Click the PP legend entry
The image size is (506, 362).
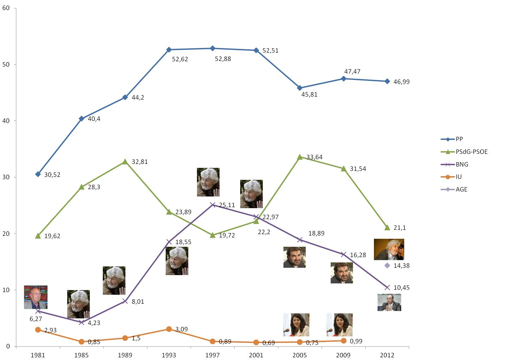tap(459, 139)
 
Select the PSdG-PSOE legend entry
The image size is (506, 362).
tap(471, 152)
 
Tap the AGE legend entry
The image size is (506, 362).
tap(461, 189)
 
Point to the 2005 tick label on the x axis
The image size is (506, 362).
tap(299, 355)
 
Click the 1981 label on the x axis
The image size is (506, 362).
tap(38, 355)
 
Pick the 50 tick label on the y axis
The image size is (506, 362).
tap(6, 64)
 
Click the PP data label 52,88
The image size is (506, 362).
tap(223, 59)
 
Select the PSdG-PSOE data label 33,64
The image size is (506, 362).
tap(314, 157)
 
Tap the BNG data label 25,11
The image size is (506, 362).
tap(227, 205)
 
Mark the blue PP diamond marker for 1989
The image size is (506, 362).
tap(125, 97)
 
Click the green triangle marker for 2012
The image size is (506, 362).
tap(387, 227)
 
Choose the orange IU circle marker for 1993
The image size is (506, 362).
tap(169, 329)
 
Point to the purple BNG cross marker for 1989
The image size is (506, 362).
tap(125, 301)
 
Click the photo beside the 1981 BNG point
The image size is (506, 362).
tap(36, 297)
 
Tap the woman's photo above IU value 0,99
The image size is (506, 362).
tap(339, 325)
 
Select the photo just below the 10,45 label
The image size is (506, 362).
tap(389, 302)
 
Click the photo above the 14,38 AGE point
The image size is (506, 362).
tap(389, 249)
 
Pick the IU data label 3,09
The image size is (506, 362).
tap(181, 329)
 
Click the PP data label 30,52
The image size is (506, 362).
tap(52, 175)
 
